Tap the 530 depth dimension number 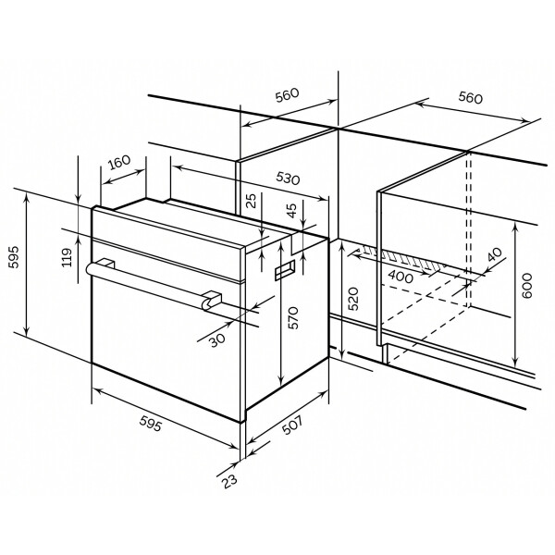coord(288,179)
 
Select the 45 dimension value coord(291,211)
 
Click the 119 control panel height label coord(67,257)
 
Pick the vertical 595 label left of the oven coord(15,257)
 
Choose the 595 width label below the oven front coord(151,424)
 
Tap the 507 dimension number coord(292,425)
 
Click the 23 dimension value coord(229,481)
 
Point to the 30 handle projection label coord(217,340)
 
